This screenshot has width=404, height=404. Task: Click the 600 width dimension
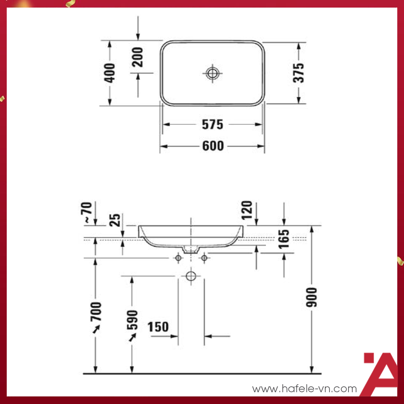pos(213,146)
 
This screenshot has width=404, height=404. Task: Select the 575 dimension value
pos(213,125)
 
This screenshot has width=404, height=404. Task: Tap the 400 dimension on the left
pos(110,73)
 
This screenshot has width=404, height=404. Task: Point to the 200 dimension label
pos(138,57)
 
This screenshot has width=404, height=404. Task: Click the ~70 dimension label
pos(88,213)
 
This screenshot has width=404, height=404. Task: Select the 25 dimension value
pos(115,220)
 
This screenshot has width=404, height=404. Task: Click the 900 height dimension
pos(312,297)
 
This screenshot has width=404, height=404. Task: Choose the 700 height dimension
pos(96,311)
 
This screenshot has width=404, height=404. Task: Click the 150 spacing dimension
pos(158,327)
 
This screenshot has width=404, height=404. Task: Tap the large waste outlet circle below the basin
pos(191,276)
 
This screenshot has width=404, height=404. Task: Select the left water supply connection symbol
pos(178,258)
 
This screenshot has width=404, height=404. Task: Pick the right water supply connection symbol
pos(205,258)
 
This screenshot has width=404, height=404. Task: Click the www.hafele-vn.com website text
pos(305,389)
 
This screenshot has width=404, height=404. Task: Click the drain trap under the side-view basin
pos(191,249)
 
